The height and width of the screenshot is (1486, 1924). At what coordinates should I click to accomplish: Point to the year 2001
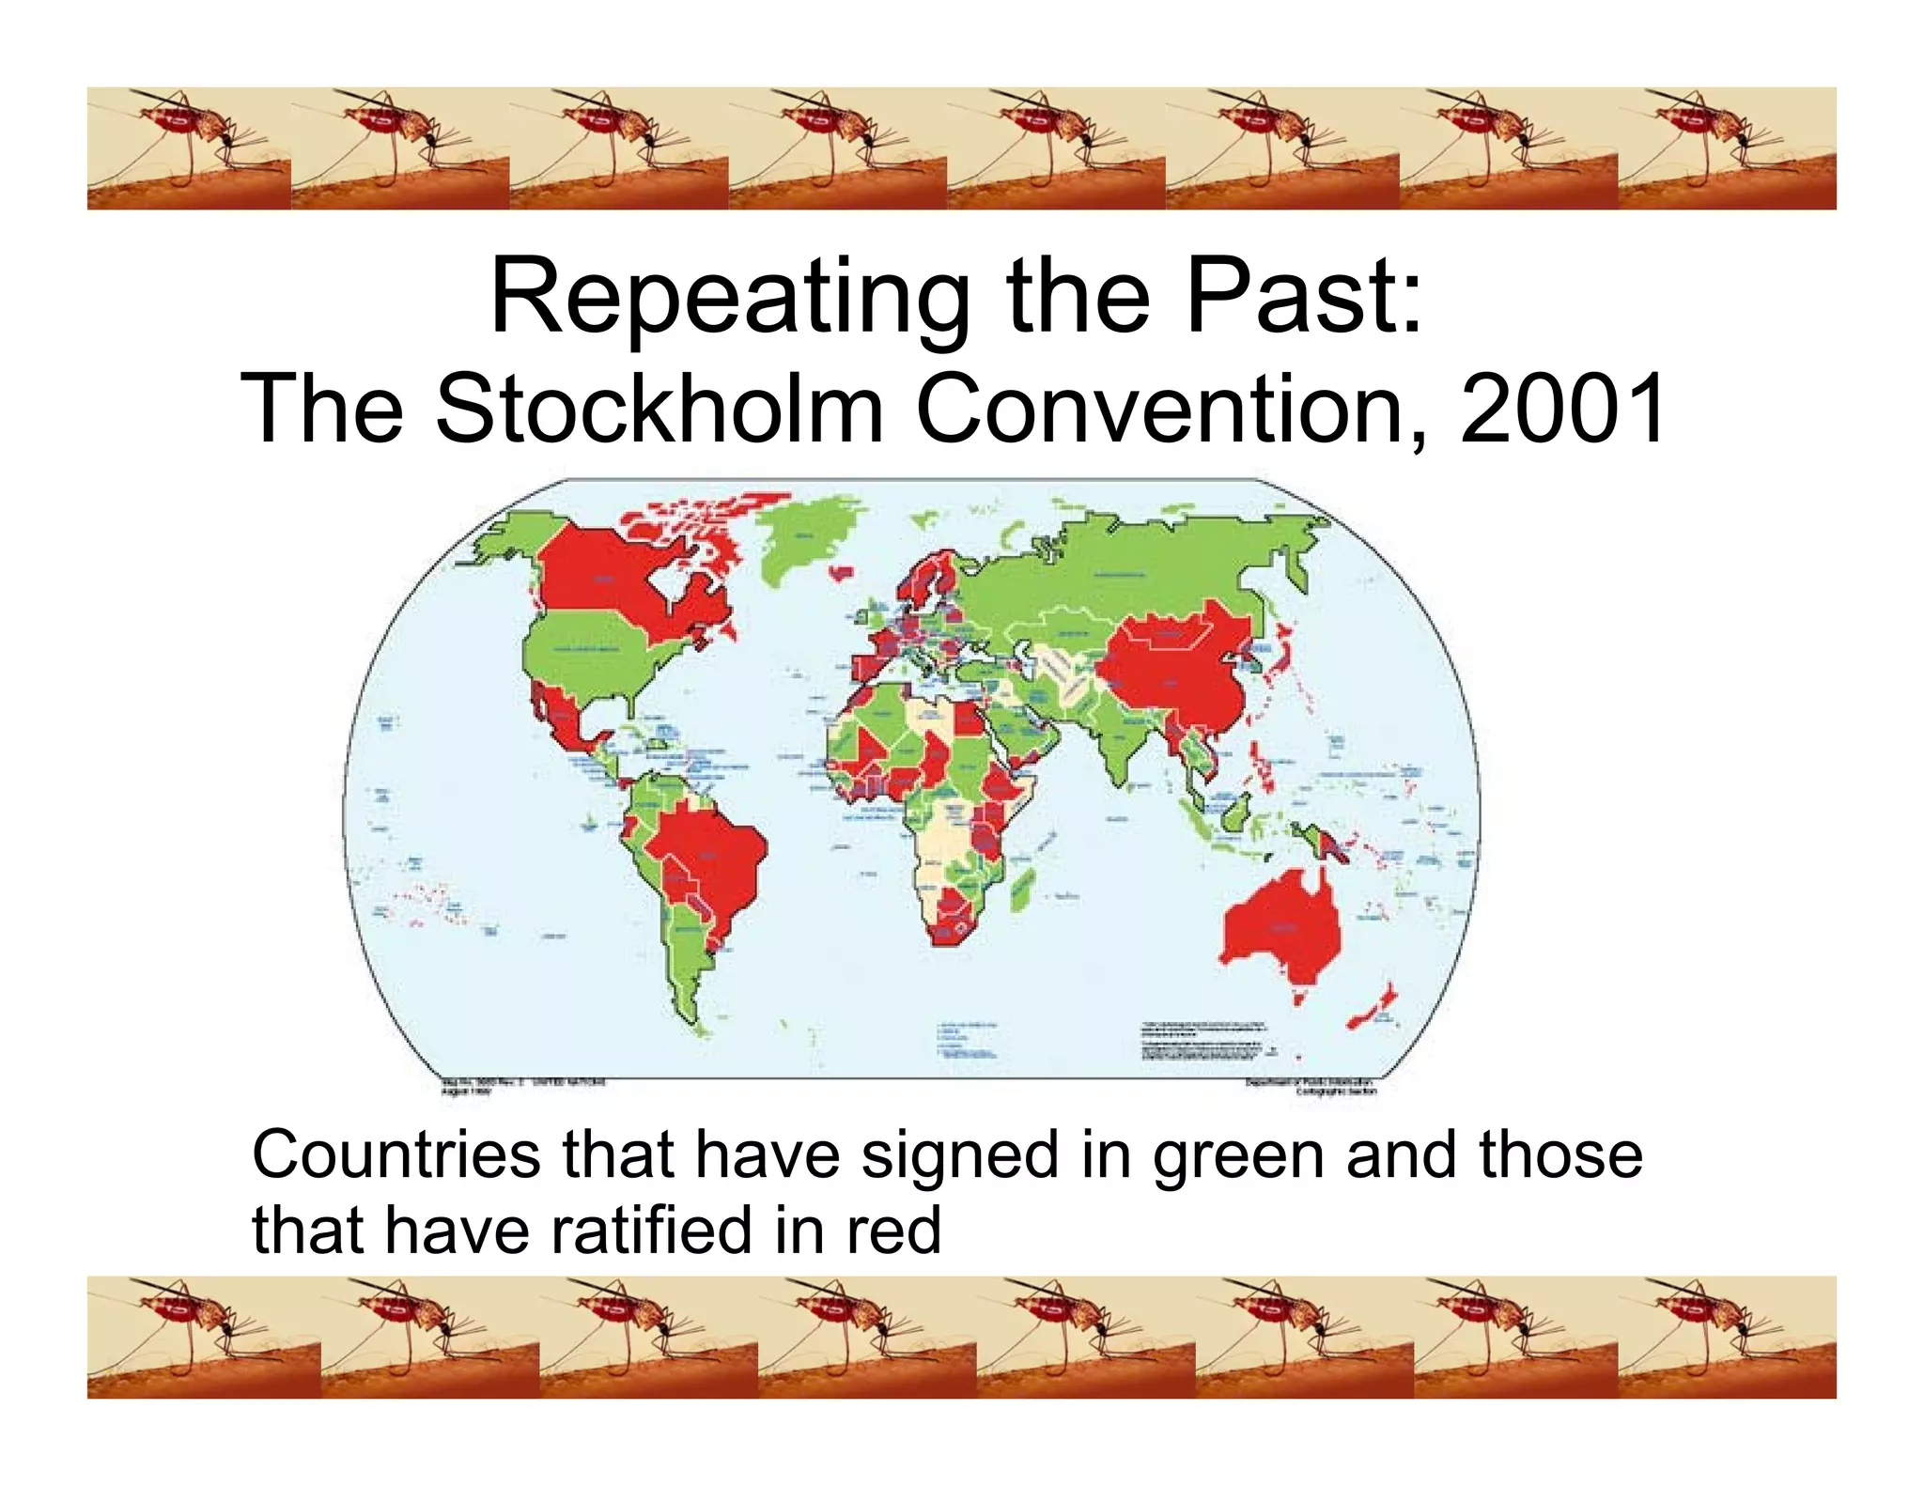(x=1563, y=410)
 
